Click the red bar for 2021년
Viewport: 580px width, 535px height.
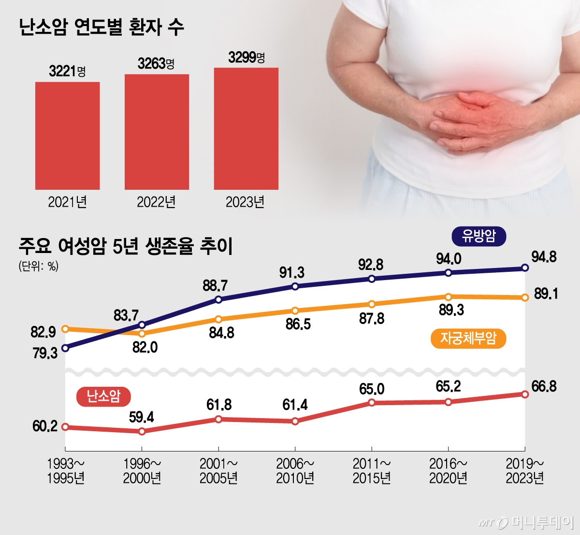click(x=67, y=136)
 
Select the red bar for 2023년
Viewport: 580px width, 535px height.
click(x=246, y=128)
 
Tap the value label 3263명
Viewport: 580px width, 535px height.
click(x=156, y=64)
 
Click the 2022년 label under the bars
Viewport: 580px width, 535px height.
click(x=156, y=202)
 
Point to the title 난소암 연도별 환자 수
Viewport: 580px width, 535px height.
click(x=101, y=27)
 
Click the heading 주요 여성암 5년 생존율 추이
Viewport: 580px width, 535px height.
click(x=126, y=246)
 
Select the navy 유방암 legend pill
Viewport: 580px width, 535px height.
click(x=478, y=236)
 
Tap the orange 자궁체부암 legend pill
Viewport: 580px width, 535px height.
click(x=468, y=338)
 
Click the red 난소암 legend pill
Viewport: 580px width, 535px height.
click(x=103, y=396)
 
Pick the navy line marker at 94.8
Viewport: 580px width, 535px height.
click(x=525, y=268)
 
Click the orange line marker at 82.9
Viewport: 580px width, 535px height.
click(x=65, y=329)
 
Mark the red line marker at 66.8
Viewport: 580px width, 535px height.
click(x=525, y=394)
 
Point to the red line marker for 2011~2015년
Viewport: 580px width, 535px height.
click(x=372, y=402)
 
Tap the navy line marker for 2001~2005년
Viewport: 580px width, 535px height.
click(x=218, y=300)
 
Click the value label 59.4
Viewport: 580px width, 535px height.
click(x=142, y=417)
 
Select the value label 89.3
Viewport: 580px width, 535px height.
click(x=451, y=310)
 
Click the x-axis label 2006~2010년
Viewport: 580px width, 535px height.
click(x=295, y=471)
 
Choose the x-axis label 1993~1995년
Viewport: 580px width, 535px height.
click(x=66, y=471)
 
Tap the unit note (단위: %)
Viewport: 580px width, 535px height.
click(x=39, y=267)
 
